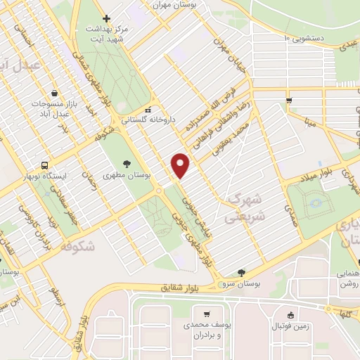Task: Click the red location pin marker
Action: pos(181,165)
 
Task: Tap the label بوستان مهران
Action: pos(177,4)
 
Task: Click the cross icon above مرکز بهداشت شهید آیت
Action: pos(106,18)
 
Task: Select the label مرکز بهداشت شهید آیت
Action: pos(106,34)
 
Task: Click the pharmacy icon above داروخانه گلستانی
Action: pos(148,110)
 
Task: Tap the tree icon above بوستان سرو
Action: pos(242,273)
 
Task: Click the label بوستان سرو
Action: pos(242,283)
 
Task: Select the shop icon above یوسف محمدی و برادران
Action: pos(206,315)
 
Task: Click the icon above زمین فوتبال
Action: pos(291,315)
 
